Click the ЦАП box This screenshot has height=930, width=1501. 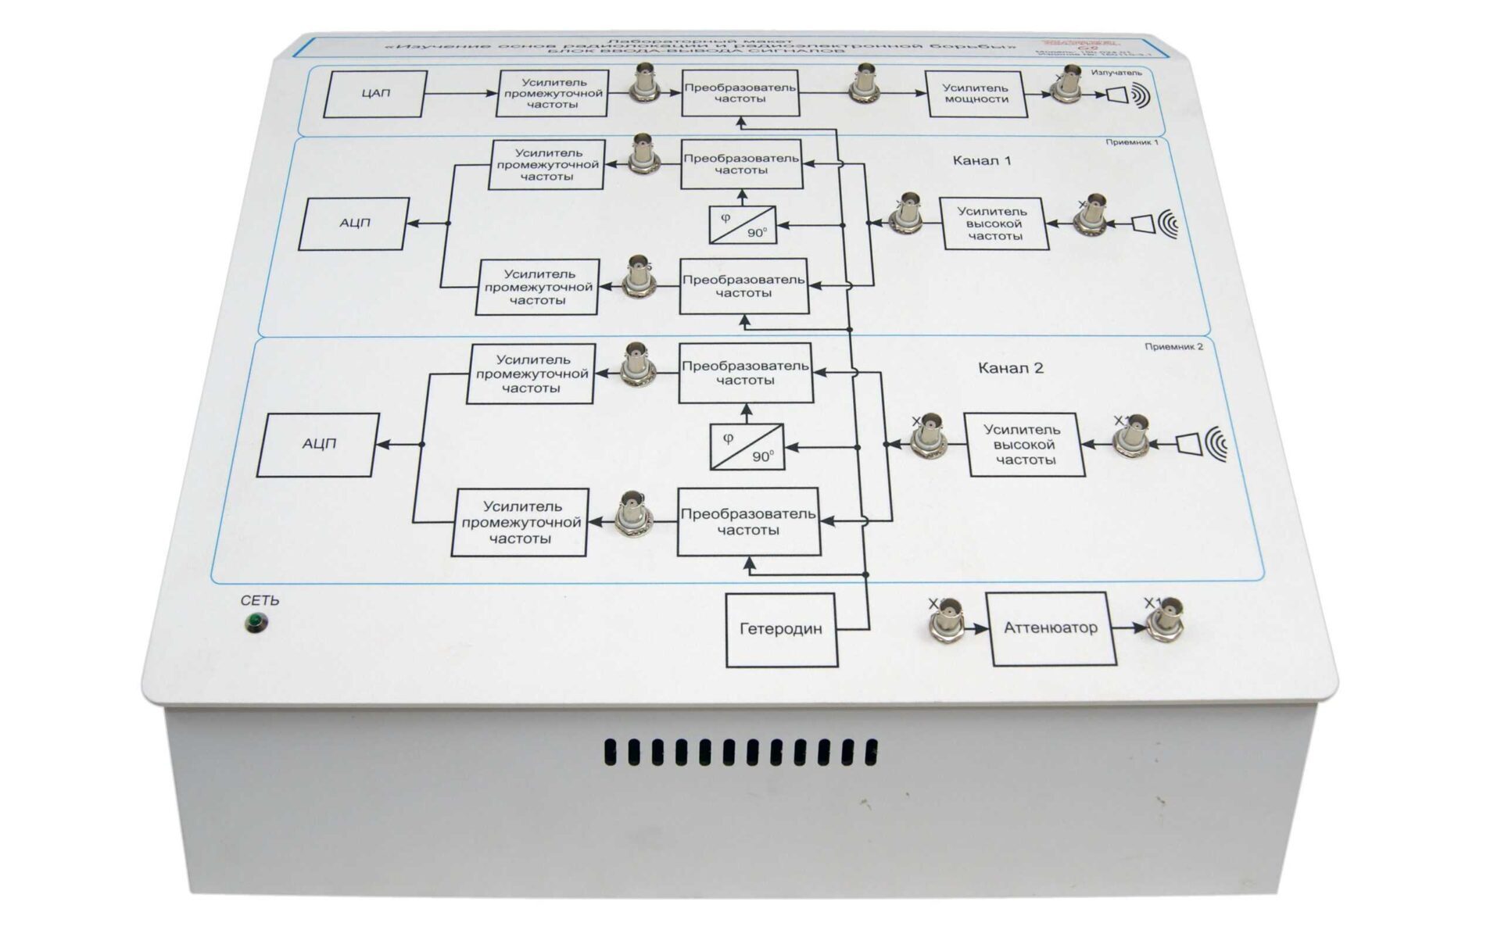(375, 94)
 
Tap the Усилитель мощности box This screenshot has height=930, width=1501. (976, 94)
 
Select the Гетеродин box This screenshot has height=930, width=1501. (781, 629)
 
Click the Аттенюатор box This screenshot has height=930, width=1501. (1050, 628)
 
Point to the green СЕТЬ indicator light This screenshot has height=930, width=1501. (255, 623)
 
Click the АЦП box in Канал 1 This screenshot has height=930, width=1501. (354, 224)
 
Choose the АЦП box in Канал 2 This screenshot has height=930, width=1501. (318, 444)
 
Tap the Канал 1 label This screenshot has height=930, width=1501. (981, 161)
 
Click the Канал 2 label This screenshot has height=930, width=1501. (1010, 368)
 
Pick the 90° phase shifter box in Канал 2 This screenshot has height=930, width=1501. (747, 446)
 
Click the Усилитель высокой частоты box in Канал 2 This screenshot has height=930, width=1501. (1026, 445)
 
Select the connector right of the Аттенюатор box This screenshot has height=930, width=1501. (1164, 623)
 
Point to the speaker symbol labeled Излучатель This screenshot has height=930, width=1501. (1126, 95)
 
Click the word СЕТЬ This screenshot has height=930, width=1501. (260, 600)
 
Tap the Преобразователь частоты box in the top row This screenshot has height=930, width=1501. (740, 93)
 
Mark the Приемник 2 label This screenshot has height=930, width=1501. (1173, 346)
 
